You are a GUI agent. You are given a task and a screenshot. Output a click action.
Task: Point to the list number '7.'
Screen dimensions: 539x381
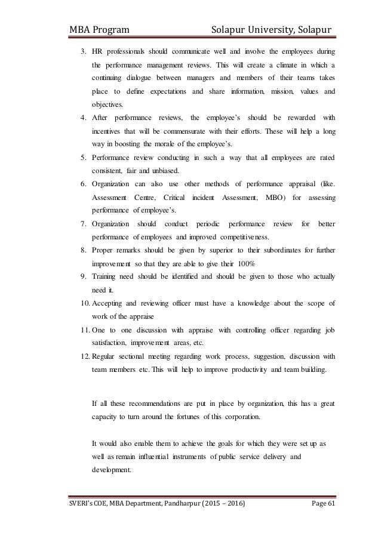[x=84, y=223]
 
